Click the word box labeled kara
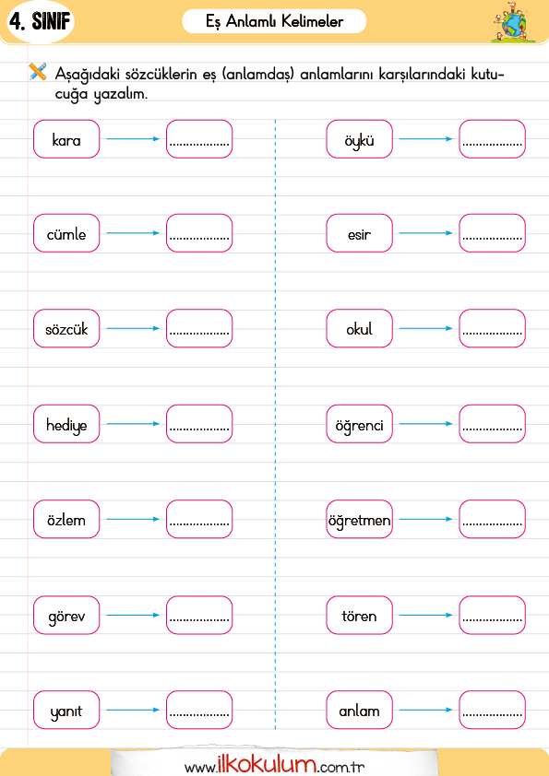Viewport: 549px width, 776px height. (66, 139)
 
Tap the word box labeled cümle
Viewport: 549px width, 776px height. (66, 233)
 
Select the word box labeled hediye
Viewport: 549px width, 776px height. (66, 424)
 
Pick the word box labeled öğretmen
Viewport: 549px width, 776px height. (359, 519)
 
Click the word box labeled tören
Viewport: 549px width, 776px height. (359, 615)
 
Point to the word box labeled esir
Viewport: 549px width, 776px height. (359, 233)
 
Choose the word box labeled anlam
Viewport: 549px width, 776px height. (359, 711)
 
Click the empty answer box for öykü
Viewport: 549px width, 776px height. (492, 139)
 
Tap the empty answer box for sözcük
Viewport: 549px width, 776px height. (199, 329)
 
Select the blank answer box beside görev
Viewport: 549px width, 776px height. (199, 615)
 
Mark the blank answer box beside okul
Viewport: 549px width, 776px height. (492, 329)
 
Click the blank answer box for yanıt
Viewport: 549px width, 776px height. (199, 711)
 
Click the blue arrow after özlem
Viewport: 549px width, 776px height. (133, 519)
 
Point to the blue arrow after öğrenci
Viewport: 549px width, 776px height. (425, 424)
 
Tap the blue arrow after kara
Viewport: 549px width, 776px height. (133, 139)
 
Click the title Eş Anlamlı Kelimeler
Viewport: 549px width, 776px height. (275, 22)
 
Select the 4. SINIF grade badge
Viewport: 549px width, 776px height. (41, 22)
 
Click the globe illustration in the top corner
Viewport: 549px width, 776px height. (513, 23)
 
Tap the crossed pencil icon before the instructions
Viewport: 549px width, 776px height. (38, 71)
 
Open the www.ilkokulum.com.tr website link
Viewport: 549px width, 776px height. (274, 765)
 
